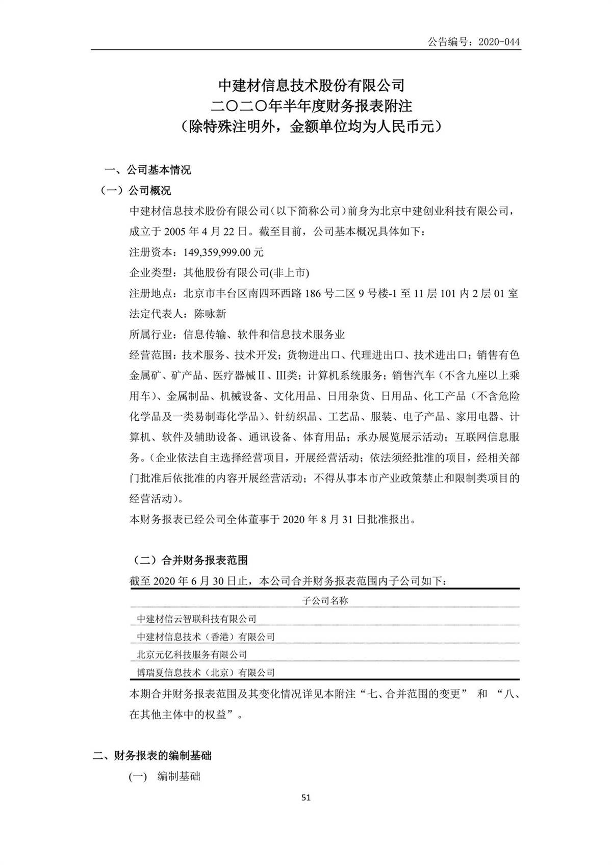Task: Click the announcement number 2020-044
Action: pos(499,42)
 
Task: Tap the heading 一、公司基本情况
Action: pos(147,170)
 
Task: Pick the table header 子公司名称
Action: pos(325,600)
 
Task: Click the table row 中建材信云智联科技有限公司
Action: pos(196,619)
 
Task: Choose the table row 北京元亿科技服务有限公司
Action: pos(192,654)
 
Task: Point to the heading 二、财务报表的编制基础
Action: pos(152,755)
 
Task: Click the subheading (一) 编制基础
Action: pos(164,776)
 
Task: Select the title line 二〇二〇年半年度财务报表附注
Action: pos(312,107)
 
